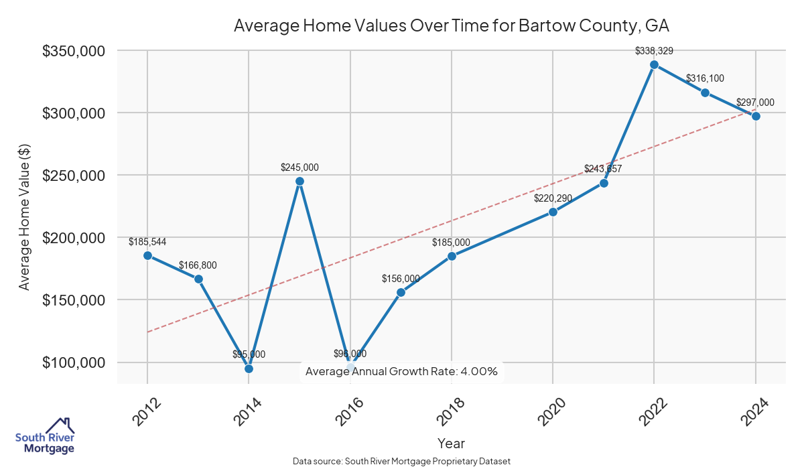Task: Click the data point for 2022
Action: pyautogui.click(x=654, y=64)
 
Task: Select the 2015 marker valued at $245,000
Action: pyautogui.click(x=299, y=181)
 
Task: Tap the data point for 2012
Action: pyautogui.click(x=147, y=255)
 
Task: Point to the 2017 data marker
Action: pyautogui.click(x=401, y=292)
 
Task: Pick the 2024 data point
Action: pyautogui.click(x=756, y=116)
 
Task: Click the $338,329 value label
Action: pyautogui.click(x=654, y=50)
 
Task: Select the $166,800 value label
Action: pyautogui.click(x=198, y=265)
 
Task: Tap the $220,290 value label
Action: pyautogui.click(x=553, y=198)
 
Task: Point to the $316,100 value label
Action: pyautogui.click(x=705, y=78)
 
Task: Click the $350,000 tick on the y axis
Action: pyautogui.click(x=73, y=51)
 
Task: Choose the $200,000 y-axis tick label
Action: pyautogui.click(x=73, y=238)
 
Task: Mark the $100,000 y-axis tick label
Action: pyautogui.click(x=73, y=362)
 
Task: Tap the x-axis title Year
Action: pyautogui.click(x=451, y=443)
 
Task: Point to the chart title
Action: pyautogui.click(x=451, y=26)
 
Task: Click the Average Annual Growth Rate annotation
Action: pyautogui.click(x=401, y=371)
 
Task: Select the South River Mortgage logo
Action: pyautogui.click(x=45, y=435)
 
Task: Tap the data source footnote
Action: pyautogui.click(x=401, y=462)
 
